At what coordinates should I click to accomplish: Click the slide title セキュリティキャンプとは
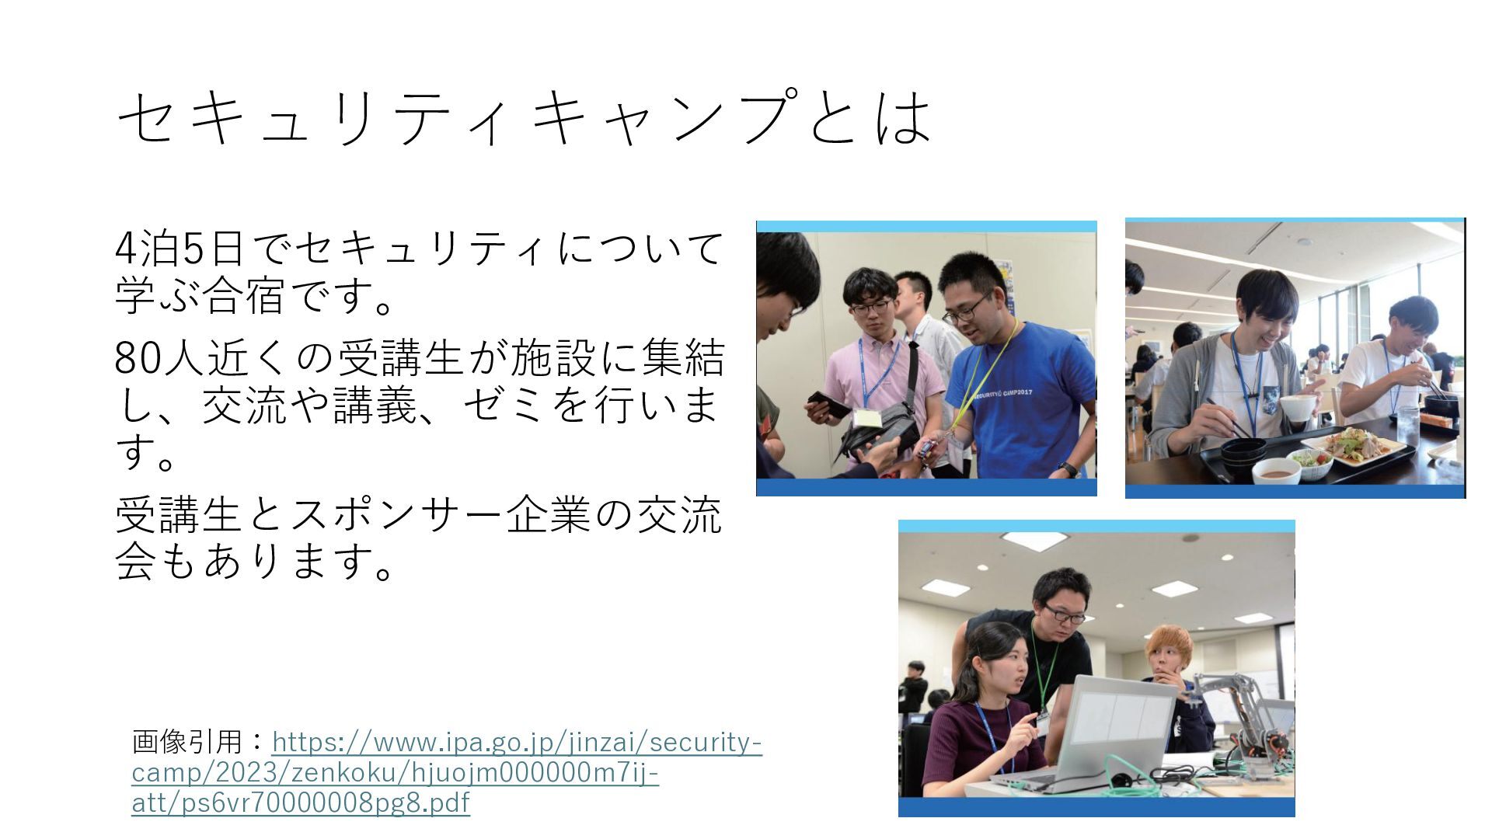tap(525, 117)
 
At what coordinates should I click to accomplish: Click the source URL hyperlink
tap(447, 771)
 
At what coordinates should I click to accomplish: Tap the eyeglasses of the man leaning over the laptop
tap(1064, 614)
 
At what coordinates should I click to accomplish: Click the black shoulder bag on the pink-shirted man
tap(878, 431)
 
